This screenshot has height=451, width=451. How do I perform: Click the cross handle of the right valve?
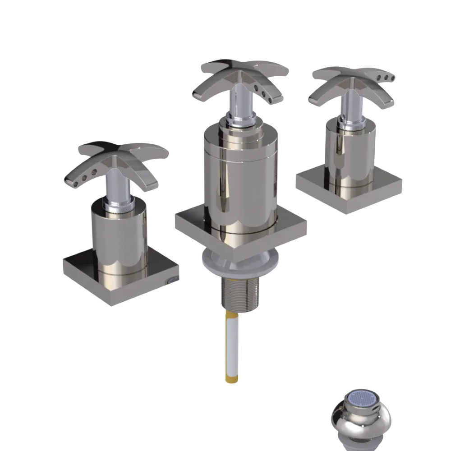352,83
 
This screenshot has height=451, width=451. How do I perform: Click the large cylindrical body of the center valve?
239,180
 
